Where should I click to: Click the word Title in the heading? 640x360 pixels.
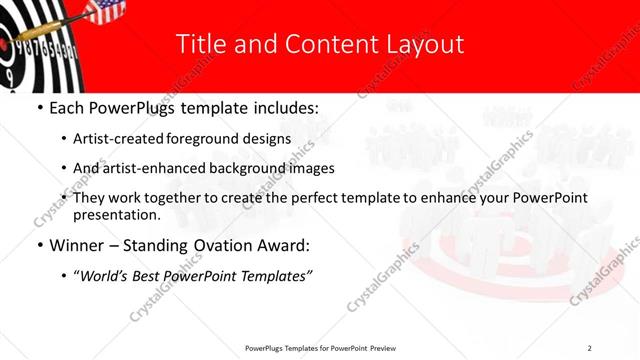tap(197, 44)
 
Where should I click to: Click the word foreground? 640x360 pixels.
tap(226, 139)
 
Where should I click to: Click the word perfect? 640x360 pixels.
tap(314, 198)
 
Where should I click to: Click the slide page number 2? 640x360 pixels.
tap(589, 348)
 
